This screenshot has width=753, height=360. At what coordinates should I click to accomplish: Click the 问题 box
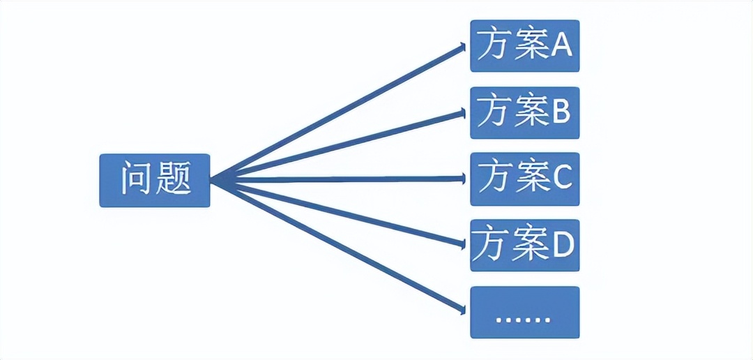(154, 180)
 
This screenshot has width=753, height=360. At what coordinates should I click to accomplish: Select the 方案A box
(524, 46)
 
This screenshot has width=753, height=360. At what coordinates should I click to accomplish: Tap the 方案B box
(524, 112)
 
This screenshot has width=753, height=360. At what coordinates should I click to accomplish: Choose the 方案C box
(524, 179)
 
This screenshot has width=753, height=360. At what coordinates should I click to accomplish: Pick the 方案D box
(524, 246)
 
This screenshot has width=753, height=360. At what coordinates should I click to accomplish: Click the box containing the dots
(524, 312)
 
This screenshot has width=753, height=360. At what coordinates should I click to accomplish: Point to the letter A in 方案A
(561, 46)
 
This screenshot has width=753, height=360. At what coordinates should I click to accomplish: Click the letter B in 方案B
(561, 113)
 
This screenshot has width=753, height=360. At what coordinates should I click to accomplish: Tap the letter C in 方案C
(561, 179)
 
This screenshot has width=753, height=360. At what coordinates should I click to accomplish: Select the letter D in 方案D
(561, 246)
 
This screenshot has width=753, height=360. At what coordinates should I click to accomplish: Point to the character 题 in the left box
(172, 180)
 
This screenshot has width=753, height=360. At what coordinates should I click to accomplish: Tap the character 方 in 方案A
(492, 46)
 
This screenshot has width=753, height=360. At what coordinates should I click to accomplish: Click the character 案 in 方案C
(528, 179)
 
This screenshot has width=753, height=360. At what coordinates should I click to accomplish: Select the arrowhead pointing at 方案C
(462, 179)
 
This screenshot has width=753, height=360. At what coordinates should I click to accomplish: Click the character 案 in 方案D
(528, 246)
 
